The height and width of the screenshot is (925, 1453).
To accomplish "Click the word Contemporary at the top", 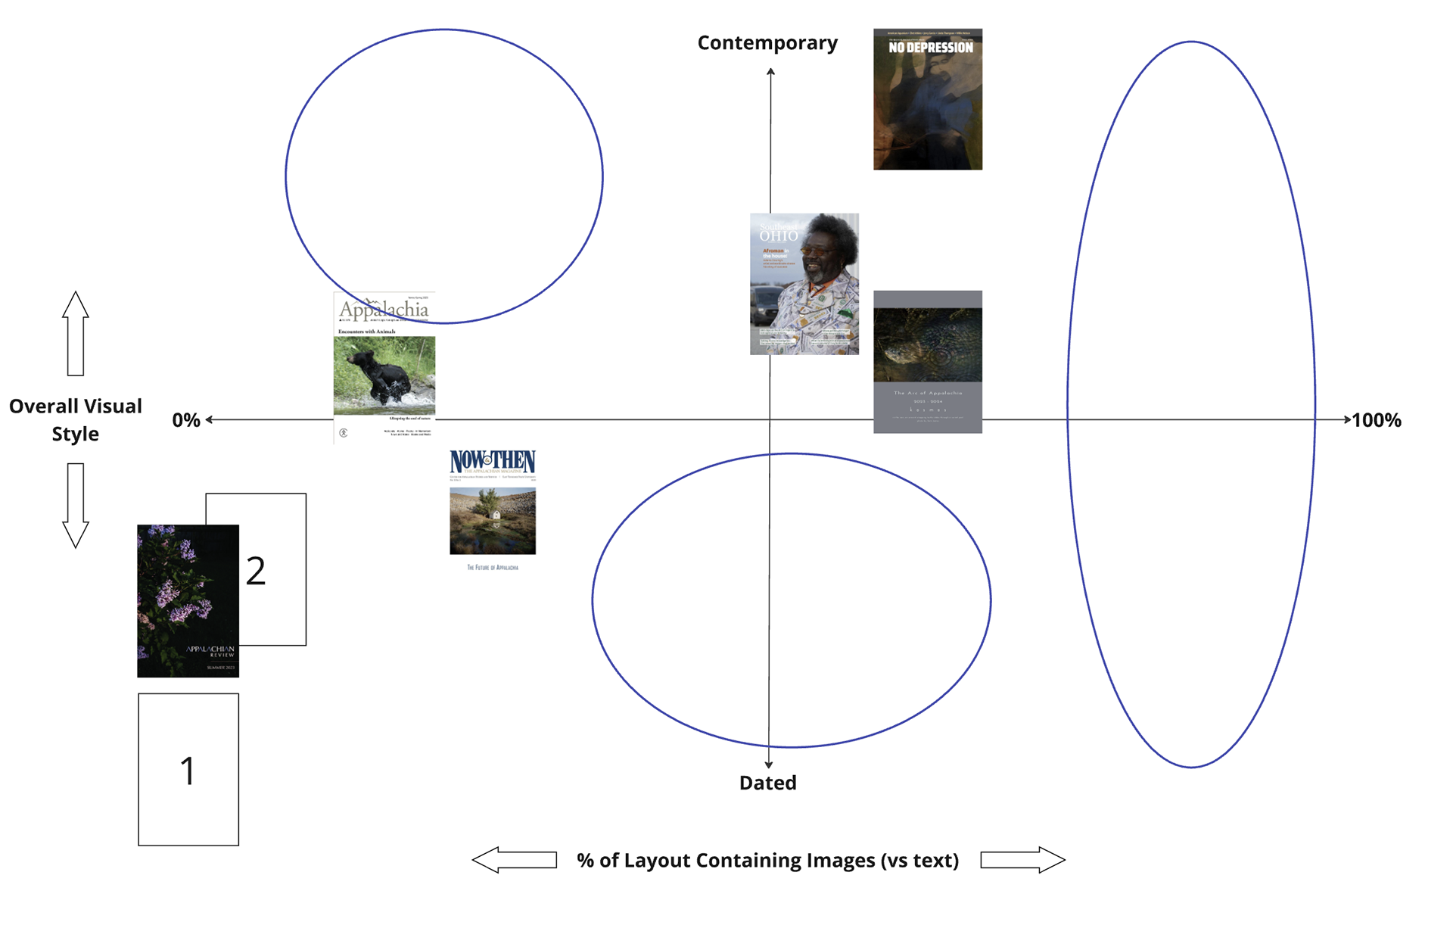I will click(x=767, y=43).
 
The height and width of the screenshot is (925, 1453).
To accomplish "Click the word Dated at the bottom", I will click(x=767, y=783).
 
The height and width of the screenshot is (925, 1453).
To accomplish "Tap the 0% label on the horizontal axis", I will click(x=186, y=420).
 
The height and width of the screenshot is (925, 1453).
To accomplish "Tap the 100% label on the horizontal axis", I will click(x=1377, y=420).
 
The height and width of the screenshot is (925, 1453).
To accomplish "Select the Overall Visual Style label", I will click(x=76, y=420).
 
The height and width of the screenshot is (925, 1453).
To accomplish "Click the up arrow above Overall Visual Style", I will click(x=76, y=333).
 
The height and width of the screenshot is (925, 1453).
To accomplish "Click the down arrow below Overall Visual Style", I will click(x=76, y=506).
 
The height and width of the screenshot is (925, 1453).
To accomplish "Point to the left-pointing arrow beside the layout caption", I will click(x=515, y=860).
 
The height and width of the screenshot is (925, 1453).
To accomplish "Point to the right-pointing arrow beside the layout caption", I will click(x=1022, y=860).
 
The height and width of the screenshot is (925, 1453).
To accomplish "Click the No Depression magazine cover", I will click(x=928, y=99).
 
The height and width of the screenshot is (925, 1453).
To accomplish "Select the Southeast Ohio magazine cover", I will click(x=804, y=284).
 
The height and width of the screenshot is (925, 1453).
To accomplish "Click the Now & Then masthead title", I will click(x=493, y=460).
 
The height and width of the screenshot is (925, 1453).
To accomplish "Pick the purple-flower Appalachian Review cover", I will click(x=188, y=600).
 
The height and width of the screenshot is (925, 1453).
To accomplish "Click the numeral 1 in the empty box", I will click(x=188, y=771).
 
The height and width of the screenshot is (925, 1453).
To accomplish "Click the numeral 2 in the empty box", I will click(x=256, y=571).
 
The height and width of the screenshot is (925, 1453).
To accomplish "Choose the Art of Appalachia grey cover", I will click(x=928, y=362).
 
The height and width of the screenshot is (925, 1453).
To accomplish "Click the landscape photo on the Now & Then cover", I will click(x=493, y=521).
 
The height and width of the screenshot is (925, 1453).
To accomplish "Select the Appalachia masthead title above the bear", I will click(x=384, y=310).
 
